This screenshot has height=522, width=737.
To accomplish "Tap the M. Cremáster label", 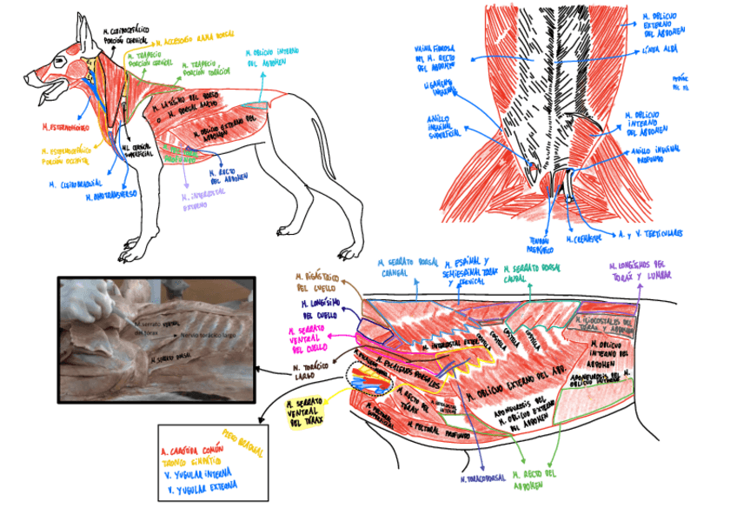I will click(580, 238).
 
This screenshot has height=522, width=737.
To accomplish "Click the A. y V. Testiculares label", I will click(649, 233).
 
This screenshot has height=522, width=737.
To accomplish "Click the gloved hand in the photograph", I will click(90, 298).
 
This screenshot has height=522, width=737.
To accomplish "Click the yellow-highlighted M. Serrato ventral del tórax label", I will click(308, 412).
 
